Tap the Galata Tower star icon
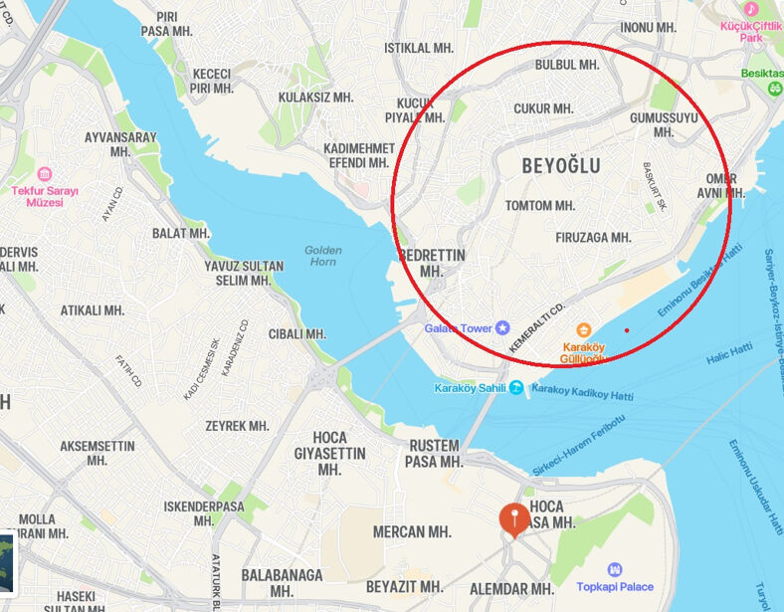502,327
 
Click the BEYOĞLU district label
561,166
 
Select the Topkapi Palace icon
615,569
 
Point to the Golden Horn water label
323,256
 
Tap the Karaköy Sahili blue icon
515,388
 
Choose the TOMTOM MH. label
540,206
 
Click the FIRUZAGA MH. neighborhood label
593,238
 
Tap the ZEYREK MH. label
237,426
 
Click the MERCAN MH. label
412,532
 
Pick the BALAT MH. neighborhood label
181,233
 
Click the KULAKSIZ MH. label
315,98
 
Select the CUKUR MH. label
543,108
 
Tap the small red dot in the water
627,330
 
